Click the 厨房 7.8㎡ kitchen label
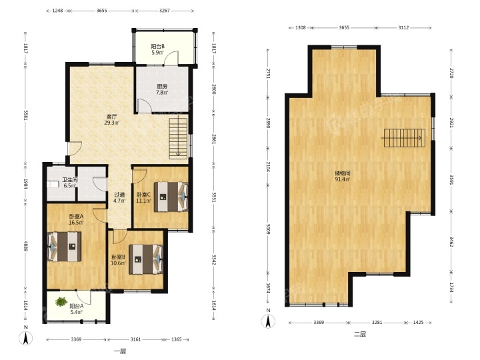tap(162, 89)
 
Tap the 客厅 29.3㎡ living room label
tap(112, 120)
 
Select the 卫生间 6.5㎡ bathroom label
tap(70, 183)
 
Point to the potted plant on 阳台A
tap(61, 302)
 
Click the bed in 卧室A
tap(64, 247)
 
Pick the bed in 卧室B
tap(146, 259)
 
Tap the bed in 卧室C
tap(171, 197)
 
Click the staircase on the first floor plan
tap(178, 139)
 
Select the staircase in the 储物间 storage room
tap(405, 138)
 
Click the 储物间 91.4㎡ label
tap(342, 176)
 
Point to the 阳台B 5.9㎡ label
tap(157, 49)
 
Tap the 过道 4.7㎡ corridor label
tap(119, 198)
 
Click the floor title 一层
tap(120, 351)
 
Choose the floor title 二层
tap(360, 334)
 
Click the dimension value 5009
tap(269, 228)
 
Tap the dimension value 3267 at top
tap(165, 11)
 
